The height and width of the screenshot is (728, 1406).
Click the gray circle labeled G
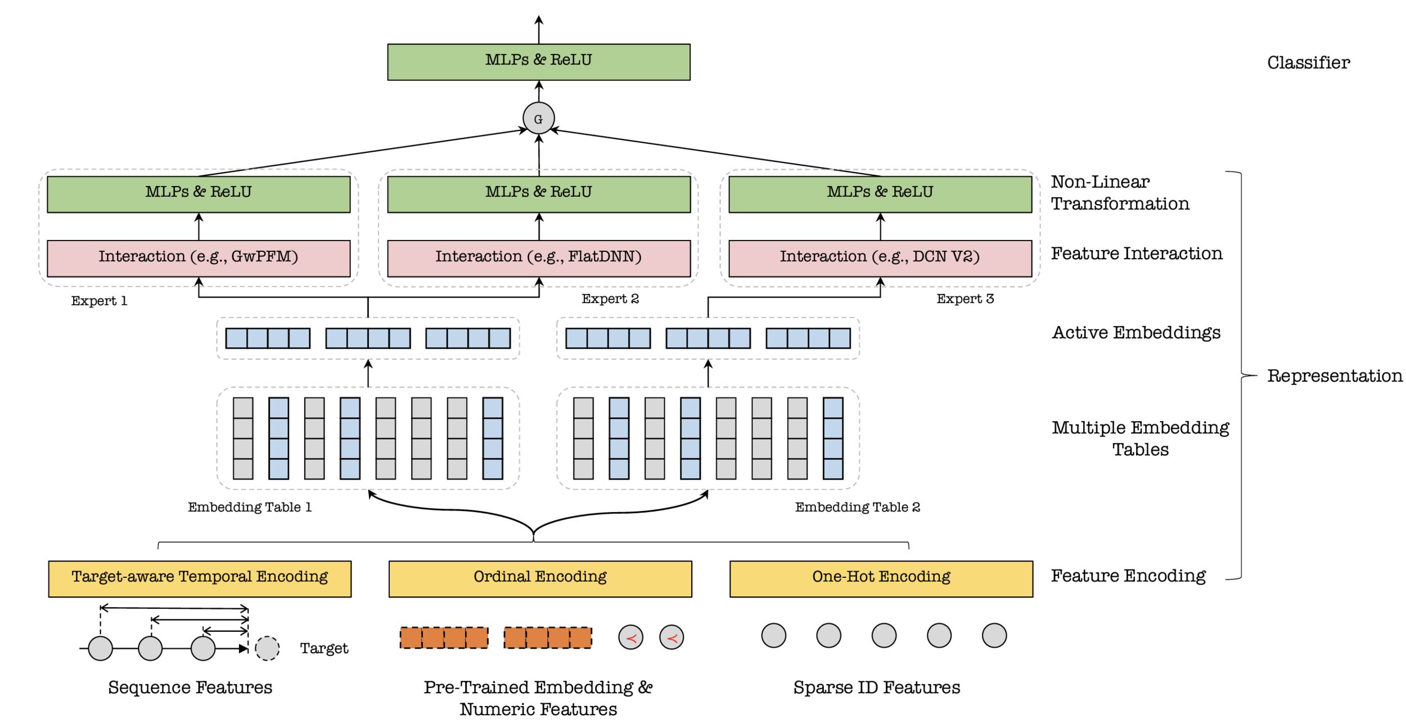(538, 118)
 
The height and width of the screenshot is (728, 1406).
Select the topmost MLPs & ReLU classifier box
(538, 62)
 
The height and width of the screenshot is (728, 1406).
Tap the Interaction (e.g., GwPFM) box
(199, 258)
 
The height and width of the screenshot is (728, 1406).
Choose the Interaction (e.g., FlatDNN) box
(538, 258)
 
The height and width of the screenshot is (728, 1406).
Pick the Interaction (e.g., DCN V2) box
(880, 258)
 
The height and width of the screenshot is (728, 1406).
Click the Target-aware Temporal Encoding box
(200, 578)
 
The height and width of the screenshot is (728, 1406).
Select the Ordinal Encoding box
(540, 578)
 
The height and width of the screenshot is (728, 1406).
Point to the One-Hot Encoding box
(881, 578)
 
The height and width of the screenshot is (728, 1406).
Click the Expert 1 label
(99, 301)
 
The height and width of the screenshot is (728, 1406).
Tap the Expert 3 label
(965, 299)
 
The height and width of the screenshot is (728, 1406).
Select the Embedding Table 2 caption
(857, 507)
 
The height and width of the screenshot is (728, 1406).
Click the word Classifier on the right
(1308, 62)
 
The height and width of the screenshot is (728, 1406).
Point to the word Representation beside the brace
(1334, 376)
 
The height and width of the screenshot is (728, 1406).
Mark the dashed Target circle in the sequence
(267, 648)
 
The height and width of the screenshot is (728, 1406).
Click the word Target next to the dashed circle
(324, 648)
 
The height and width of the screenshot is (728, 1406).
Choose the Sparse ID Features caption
(876, 687)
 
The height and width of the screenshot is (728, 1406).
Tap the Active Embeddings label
(1135, 332)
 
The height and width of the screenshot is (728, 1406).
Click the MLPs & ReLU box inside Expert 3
(880, 194)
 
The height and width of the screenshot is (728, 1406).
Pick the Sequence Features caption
(190, 687)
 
